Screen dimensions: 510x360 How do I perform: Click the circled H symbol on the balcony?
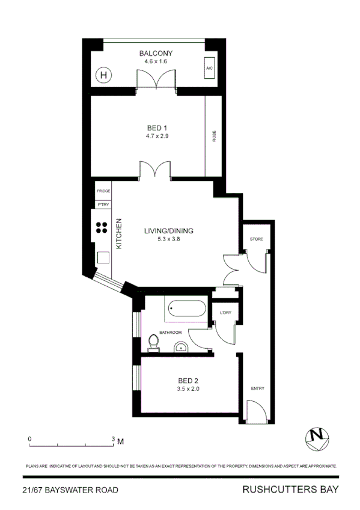click(105, 75)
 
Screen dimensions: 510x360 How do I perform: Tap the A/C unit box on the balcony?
click(210, 69)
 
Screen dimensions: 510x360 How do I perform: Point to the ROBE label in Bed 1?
click(214, 136)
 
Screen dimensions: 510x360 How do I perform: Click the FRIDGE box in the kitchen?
click(103, 191)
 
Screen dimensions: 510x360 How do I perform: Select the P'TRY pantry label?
click(103, 204)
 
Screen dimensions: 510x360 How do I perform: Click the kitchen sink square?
click(103, 257)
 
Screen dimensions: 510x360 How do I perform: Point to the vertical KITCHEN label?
click(119, 233)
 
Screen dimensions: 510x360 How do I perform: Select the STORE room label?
click(257, 239)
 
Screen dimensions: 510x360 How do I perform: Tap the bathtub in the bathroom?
click(187, 310)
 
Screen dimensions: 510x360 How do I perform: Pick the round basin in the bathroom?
click(180, 346)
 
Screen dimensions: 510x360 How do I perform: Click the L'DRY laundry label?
click(227, 313)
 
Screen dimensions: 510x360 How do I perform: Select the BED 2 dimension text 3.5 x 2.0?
click(188, 389)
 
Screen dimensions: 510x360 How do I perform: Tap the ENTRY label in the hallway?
click(257, 388)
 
